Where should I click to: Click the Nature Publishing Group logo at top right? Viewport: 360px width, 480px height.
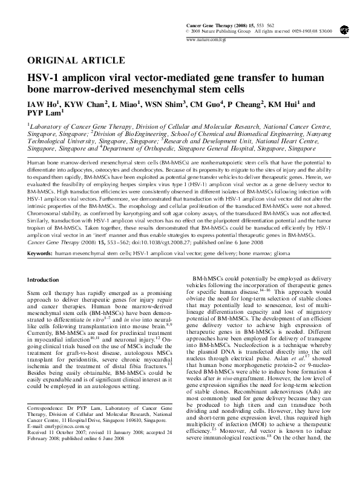click(344, 28)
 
